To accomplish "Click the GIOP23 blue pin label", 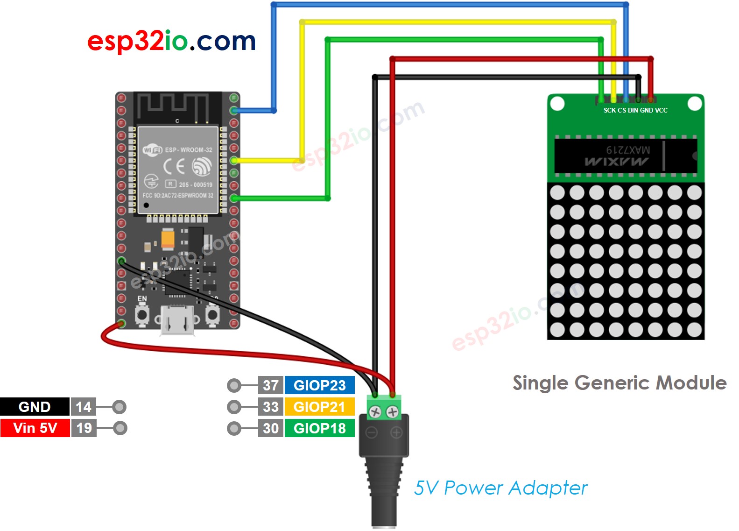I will coord(319,385).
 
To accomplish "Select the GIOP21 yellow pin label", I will coord(319,407).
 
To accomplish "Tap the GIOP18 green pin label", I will coord(319,428).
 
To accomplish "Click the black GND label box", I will coord(35,407).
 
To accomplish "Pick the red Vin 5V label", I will coord(35,428).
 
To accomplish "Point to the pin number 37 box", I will coord(271,385).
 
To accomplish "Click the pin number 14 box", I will coord(84,407).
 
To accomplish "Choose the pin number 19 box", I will coord(84,428).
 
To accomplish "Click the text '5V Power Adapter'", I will coord(500,488).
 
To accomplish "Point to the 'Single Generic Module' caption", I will coord(619,383).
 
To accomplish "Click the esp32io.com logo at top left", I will coord(171,41).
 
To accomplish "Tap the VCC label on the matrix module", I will coord(661,111).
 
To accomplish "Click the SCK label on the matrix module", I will coord(610,111).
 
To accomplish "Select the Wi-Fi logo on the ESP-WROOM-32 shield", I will coord(152,150).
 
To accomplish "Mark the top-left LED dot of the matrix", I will coord(557,192).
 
